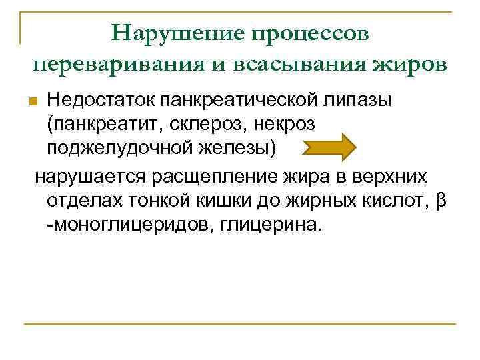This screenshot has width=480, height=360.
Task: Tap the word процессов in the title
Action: [x=309, y=33]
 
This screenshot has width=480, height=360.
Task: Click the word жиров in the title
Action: [x=413, y=65]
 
